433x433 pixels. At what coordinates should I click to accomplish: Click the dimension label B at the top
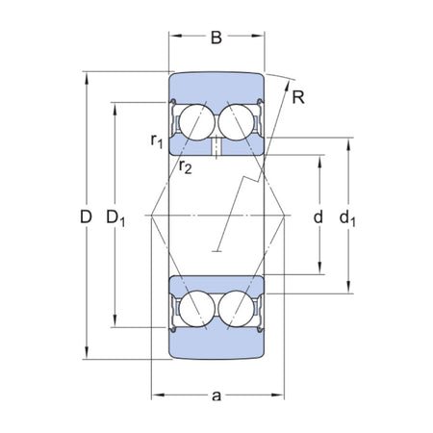pyautogui.click(x=216, y=39)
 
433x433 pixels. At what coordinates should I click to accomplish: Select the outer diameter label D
pyautogui.click(x=85, y=218)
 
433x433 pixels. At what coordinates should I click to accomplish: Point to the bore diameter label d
pyautogui.click(x=317, y=217)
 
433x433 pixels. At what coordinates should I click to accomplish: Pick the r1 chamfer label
pyautogui.click(x=157, y=141)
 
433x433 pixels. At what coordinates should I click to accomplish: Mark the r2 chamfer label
pyautogui.click(x=185, y=166)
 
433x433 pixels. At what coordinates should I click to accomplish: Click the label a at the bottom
pyautogui.click(x=216, y=395)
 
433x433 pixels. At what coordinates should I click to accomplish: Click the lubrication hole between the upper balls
pyautogui.click(x=217, y=146)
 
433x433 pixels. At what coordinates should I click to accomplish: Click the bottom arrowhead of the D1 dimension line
pyautogui.click(x=115, y=325)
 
